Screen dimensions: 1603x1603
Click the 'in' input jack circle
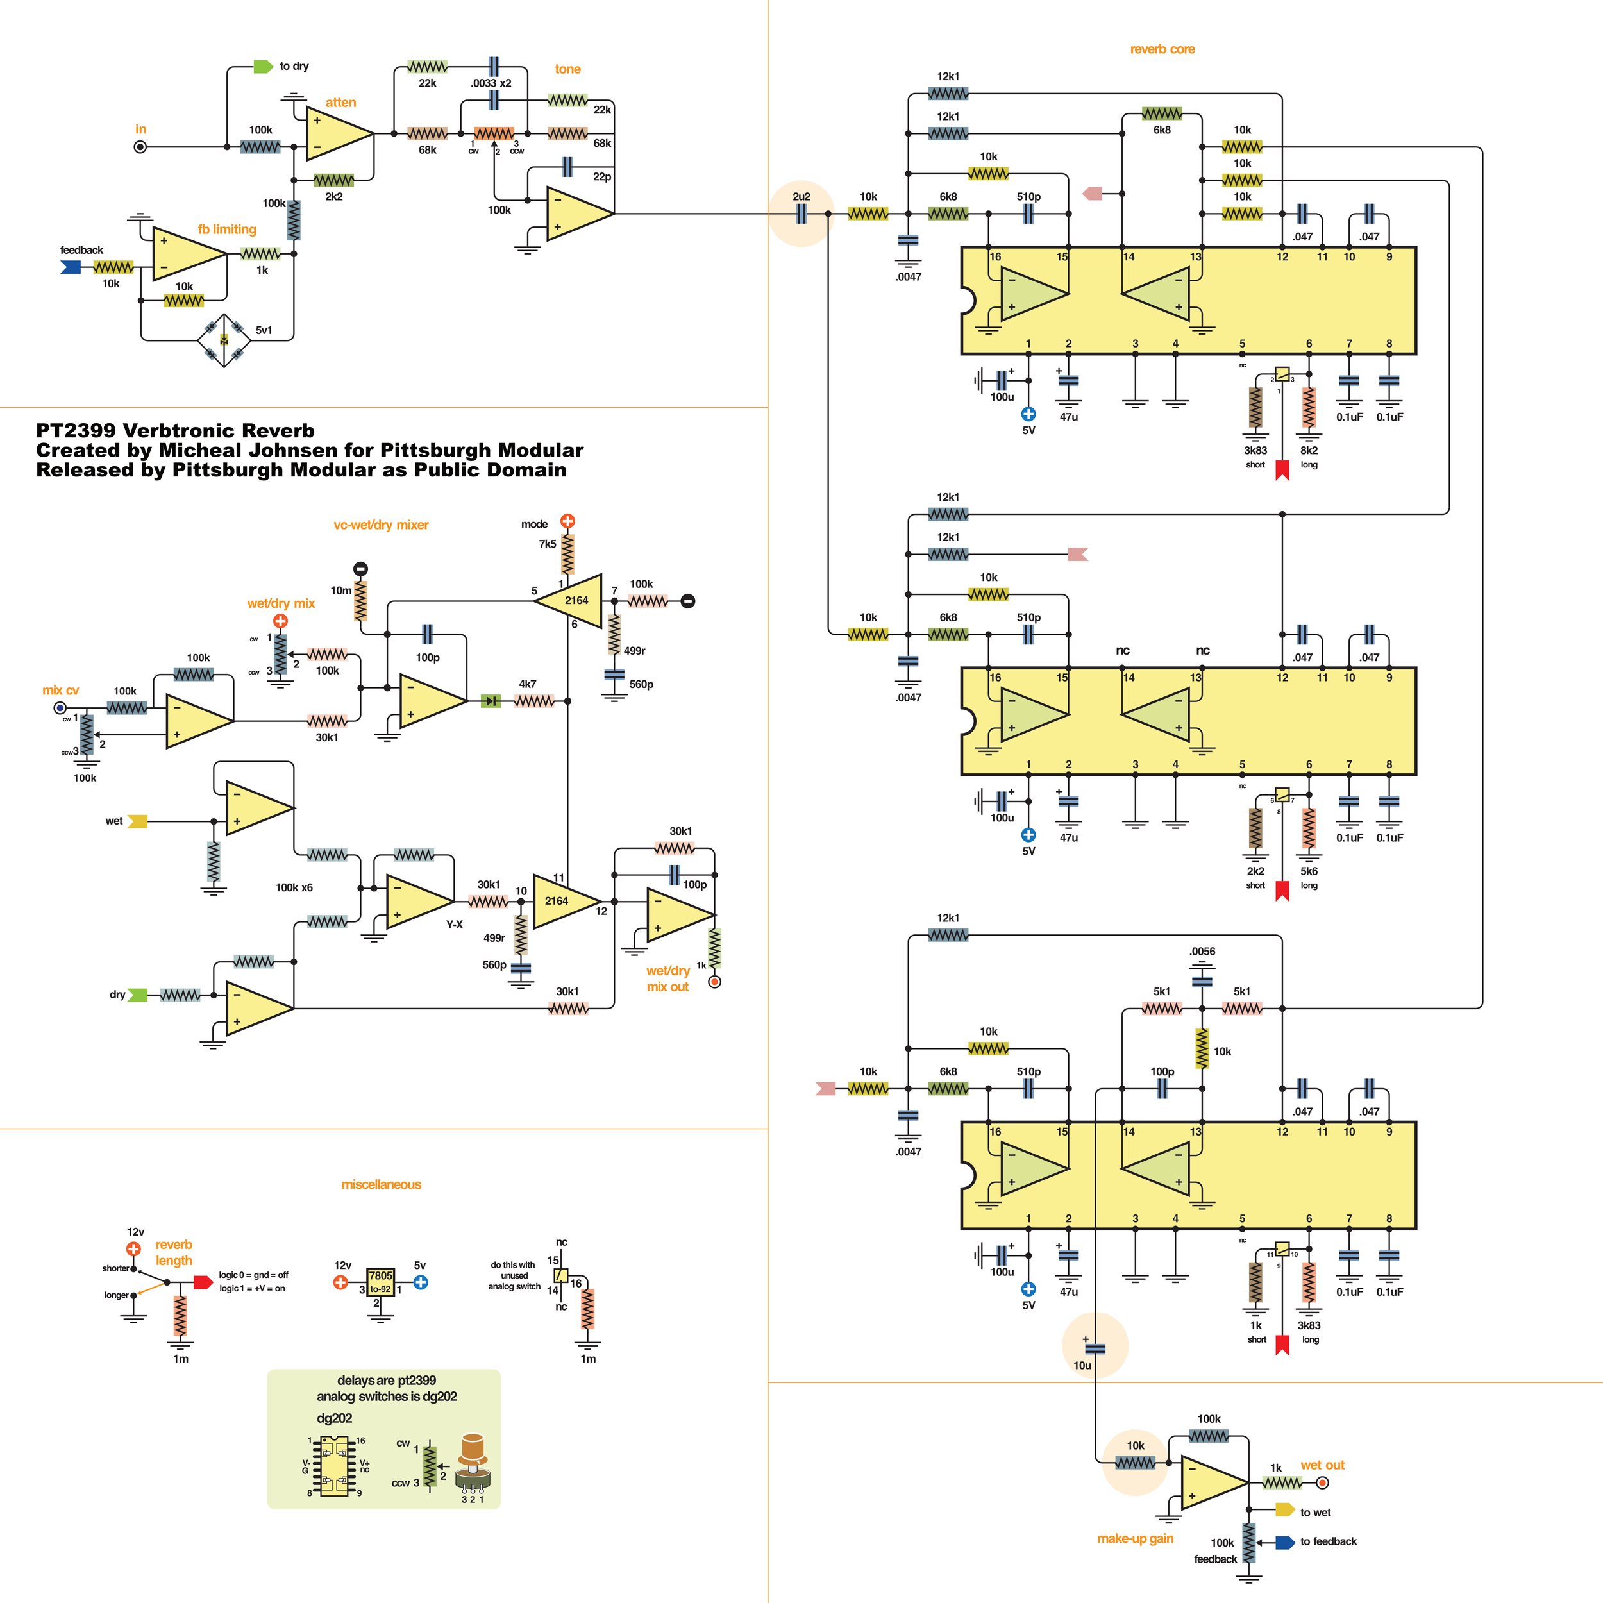click(140, 147)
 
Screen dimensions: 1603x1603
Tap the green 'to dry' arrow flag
click(262, 67)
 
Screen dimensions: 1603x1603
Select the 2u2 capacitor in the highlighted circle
click(801, 214)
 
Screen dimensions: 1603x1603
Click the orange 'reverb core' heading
click(1162, 49)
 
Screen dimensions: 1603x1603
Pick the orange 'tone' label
click(567, 69)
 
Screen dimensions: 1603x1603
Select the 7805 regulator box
click(380, 1282)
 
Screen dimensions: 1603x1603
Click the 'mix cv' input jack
click(60, 708)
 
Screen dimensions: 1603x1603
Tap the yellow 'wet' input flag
click(138, 821)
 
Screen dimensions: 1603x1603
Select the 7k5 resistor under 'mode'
click(567, 553)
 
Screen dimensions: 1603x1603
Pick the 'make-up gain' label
click(1135, 1538)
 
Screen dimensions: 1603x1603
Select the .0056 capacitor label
click(1202, 952)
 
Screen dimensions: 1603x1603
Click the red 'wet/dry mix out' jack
click(714, 982)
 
